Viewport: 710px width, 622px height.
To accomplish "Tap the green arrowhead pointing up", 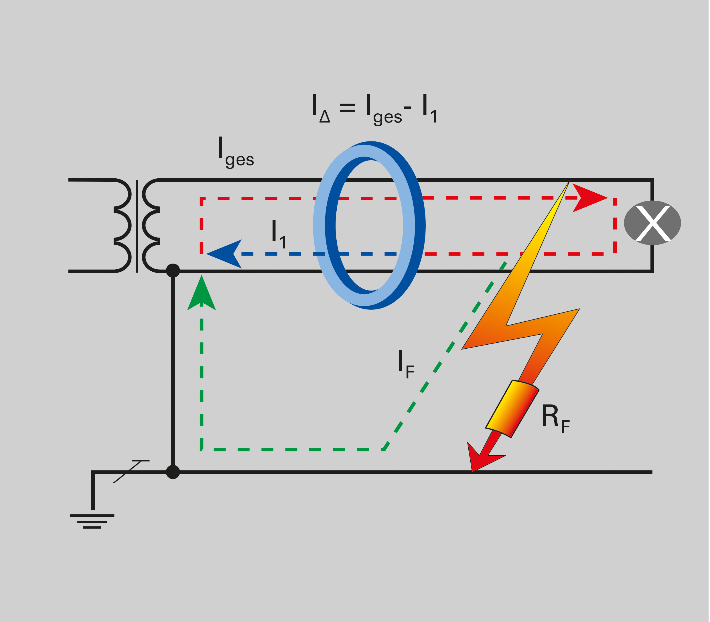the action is tap(201, 294).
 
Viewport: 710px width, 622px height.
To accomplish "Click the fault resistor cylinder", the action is tap(512, 409).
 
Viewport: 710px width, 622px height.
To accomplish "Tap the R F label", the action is tap(555, 418).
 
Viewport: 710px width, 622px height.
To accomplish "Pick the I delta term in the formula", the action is tap(321, 108).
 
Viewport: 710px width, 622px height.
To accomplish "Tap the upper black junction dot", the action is tap(173, 271).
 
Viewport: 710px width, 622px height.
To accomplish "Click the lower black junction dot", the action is tap(173, 472).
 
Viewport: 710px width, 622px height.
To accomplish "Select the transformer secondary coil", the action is tap(151, 226).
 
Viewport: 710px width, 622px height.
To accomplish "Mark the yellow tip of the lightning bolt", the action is tap(564, 189).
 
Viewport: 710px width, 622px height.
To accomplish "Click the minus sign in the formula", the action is tap(407, 108).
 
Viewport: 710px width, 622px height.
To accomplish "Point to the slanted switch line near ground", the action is tap(127, 472).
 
